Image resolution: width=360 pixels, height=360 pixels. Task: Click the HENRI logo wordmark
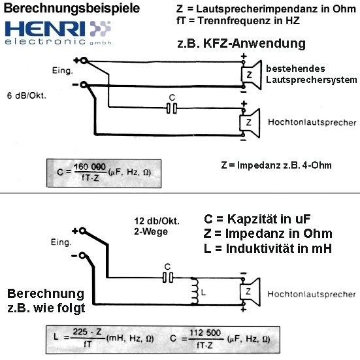pyautogui.click(x=45, y=29)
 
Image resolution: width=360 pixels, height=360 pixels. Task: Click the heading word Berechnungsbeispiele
pyautogui.click(x=72, y=8)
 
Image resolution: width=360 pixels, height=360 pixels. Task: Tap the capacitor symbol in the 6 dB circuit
pyautogui.click(x=171, y=108)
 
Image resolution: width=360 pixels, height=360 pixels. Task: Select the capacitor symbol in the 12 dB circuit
pyautogui.click(x=168, y=277)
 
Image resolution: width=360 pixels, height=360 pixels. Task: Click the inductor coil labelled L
pyautogui.click(x=195, y=291)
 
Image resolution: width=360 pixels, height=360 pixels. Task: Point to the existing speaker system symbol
pyautogui.click(x=252, y=74)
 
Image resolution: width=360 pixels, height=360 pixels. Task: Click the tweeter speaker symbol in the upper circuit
pyautogui.click(x=250, y=123)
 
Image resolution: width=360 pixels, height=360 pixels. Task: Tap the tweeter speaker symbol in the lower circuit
pyautogui.click(x=250, y=292)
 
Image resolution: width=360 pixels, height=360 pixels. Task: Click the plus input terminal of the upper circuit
pyautogui.click(x=84, y=61)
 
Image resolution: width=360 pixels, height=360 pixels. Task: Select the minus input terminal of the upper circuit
pyautogui.click(x=84, y=85)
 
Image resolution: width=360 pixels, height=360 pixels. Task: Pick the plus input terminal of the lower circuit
pyautogui.click(x=83, y=231)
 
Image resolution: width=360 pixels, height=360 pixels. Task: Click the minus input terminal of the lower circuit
pyautogui.click(x=82, y=255)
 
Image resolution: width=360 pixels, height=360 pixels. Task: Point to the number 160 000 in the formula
pyautogui.click(x=90, y=167)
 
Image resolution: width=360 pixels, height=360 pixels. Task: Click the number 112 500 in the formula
pyautogui.click(x=205, y=333)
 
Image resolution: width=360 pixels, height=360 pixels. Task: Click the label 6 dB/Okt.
pyautogui.click(x=27, y=95)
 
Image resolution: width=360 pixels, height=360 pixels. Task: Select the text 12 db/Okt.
pyautogui.click(x=157, y=221)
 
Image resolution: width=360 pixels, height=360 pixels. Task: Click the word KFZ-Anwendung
pyautogui.click(x=254, y=43)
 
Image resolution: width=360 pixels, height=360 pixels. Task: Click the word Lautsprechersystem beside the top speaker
pyautogui.click(x=312, y=80)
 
